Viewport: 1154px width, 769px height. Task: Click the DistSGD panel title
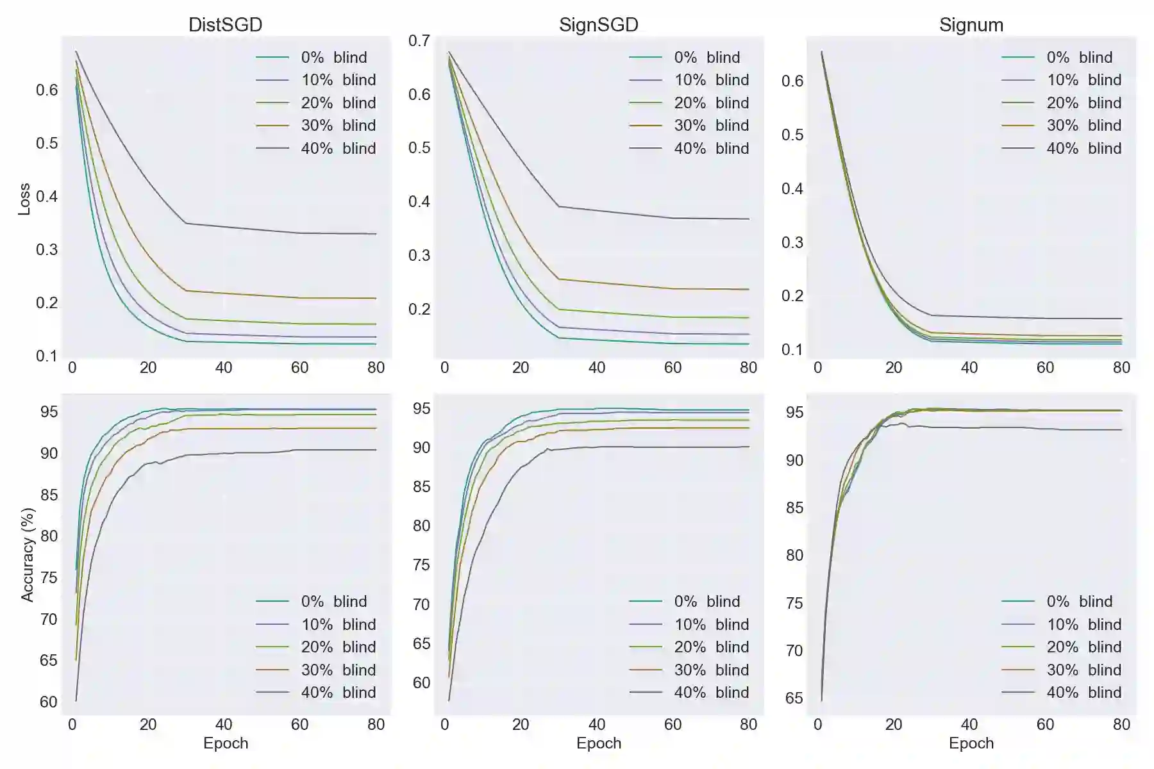(x=225, y=24)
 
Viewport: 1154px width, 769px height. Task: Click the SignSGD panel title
(x=598, y=24)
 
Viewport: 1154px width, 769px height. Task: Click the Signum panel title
(x=971, y=24)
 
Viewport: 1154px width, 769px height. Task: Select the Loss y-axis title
(x=24, y=199)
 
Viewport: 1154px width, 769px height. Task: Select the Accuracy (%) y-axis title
(x=27, y=555)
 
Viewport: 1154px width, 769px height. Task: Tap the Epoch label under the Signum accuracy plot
(x=971, y=743)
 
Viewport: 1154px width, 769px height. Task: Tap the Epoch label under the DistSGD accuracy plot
(x=225, y=743)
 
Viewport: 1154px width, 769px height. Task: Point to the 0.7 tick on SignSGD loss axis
(x=419, y=40)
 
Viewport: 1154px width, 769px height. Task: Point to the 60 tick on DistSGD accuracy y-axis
(x=49, y=702)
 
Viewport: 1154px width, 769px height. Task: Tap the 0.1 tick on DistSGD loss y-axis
(x=46, y=356)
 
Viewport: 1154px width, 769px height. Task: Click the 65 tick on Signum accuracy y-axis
(x=794, y=698)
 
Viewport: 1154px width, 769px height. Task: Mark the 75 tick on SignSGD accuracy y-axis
(x=421, y=565)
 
